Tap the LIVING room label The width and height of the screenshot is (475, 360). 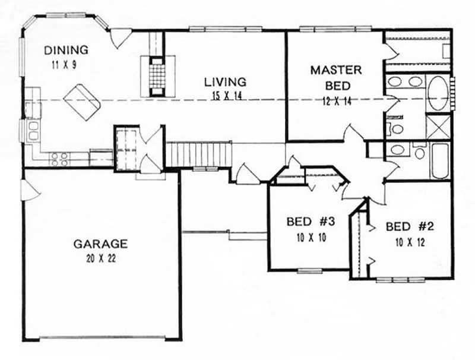(225, 81)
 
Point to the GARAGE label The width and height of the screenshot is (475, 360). (101, 243)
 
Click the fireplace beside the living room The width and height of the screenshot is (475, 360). (157, 75)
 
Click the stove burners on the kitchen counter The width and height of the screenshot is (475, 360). (59, 159)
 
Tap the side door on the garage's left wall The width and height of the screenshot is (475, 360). (28, 190)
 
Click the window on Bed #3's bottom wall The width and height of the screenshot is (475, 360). (309, 271)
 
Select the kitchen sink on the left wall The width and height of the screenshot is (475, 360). (31, 129)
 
